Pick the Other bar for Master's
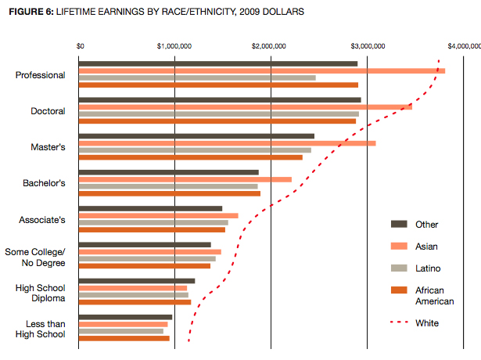click(x=196, y=136)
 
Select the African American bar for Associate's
click(x=152, y=229)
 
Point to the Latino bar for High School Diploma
click(x=134, y=294)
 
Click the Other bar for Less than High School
click(x=125, y=317)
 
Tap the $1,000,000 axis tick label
click(x=174, y=46)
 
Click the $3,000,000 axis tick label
click(x=367, y=46)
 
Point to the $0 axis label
click(x=80, y=46)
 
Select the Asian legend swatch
click(x=399, y=246)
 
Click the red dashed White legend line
click(x=399, y=323)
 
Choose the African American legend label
click(x=434, y=295)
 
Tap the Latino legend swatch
click(x=399, y=268)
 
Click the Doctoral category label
click(x=48, y=111)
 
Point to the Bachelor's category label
click(x=44, y=183)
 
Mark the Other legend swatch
click(x=399, y=225)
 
